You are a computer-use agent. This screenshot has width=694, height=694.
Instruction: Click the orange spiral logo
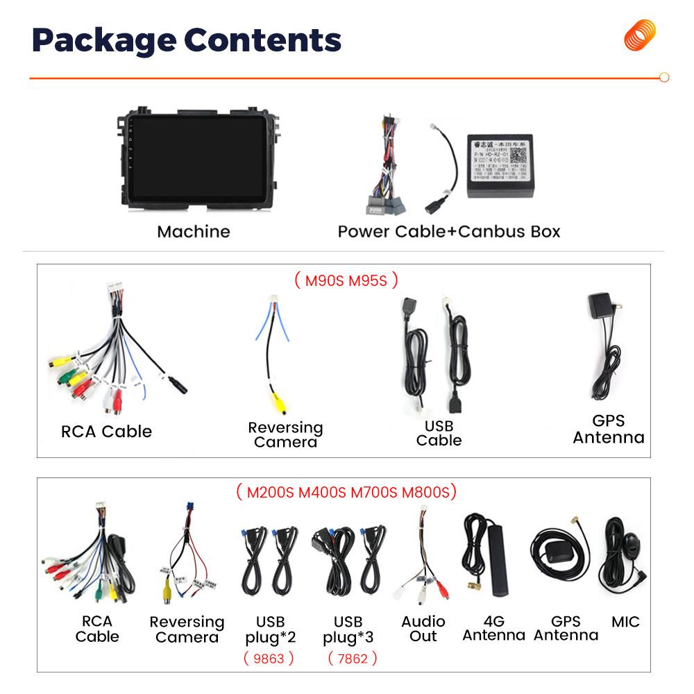[639, 35]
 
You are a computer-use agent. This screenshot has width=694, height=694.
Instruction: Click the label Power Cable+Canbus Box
[448, 231]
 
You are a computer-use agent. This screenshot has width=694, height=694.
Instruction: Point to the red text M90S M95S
[346, 280]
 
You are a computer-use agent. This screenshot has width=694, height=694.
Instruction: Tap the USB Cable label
[439, 433]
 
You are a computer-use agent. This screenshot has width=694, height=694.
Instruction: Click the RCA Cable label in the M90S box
[106, 432]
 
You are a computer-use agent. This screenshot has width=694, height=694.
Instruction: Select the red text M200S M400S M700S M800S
[346, 493]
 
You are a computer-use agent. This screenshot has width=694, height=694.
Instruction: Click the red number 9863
[269, 658]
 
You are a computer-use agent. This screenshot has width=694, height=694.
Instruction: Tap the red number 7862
[353, 658]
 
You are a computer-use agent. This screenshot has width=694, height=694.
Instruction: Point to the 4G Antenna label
[493, 629]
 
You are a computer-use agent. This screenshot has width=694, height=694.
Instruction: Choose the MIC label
[625, 622]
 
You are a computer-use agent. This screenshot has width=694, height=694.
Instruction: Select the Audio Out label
[423, 629]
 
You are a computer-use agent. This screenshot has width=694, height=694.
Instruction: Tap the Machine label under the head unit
[193, 231]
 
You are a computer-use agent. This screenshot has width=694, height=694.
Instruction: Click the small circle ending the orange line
[663, 78]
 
